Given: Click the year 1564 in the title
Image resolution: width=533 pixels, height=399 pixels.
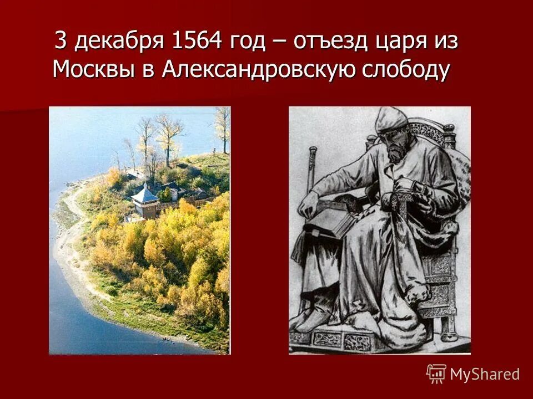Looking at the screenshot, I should click(196, 42).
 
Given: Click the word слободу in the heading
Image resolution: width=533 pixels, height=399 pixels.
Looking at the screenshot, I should click(410, 70).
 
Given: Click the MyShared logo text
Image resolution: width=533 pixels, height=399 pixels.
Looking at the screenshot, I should click(485, 374).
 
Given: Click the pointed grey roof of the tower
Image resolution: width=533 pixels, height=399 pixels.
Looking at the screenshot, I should click(145, 195).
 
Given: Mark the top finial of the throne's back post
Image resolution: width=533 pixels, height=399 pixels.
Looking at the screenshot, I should click(449, 129).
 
